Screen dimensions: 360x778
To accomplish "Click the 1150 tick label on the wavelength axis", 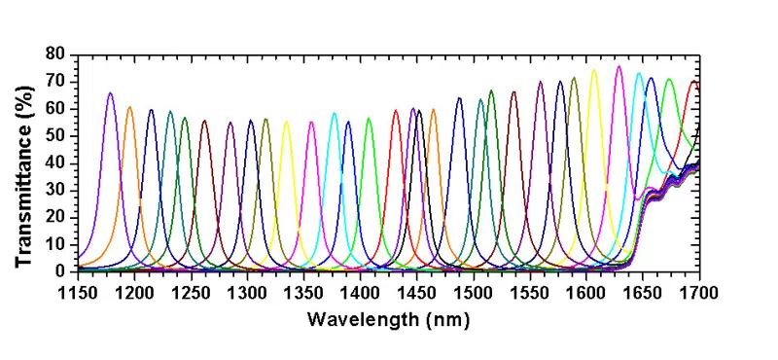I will point(78,291).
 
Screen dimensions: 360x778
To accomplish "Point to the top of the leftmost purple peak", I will point(110,93).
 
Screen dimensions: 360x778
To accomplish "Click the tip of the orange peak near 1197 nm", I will point(129,107).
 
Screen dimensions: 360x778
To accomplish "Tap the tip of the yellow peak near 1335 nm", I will point(286,121).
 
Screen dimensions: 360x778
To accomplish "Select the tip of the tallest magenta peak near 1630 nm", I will point(619,66).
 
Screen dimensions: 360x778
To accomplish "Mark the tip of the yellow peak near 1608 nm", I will point(594,70).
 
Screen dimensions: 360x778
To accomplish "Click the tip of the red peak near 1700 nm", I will point(693,81).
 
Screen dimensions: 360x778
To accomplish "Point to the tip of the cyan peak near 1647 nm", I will point(639,73).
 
